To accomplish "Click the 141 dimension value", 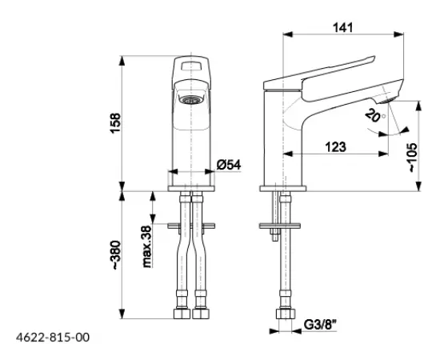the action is (x=342, y=27).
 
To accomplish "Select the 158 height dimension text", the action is (x=116, y=123).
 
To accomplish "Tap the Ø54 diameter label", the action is (x=229, y=165).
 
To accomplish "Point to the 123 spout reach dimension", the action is (x=336, y=146).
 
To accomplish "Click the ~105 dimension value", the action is (x=413, y=158).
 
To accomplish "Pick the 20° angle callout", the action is (x=375, y=115).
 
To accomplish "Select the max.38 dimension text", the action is (x=147, y=246).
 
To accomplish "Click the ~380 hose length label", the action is (x=116, y=255).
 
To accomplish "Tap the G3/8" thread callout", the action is (x=320, y=326).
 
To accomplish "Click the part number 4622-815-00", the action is (x=53, y=338).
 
